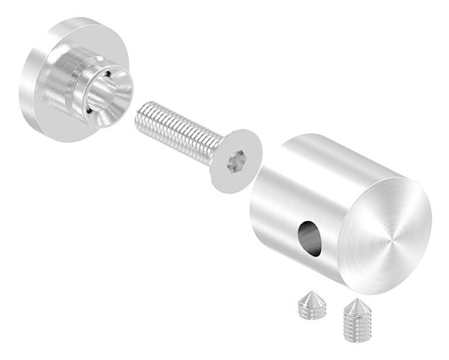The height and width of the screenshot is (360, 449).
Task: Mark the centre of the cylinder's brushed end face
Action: (x=390, y=240)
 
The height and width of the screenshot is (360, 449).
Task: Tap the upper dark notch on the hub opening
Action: (x=113, y=75)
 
